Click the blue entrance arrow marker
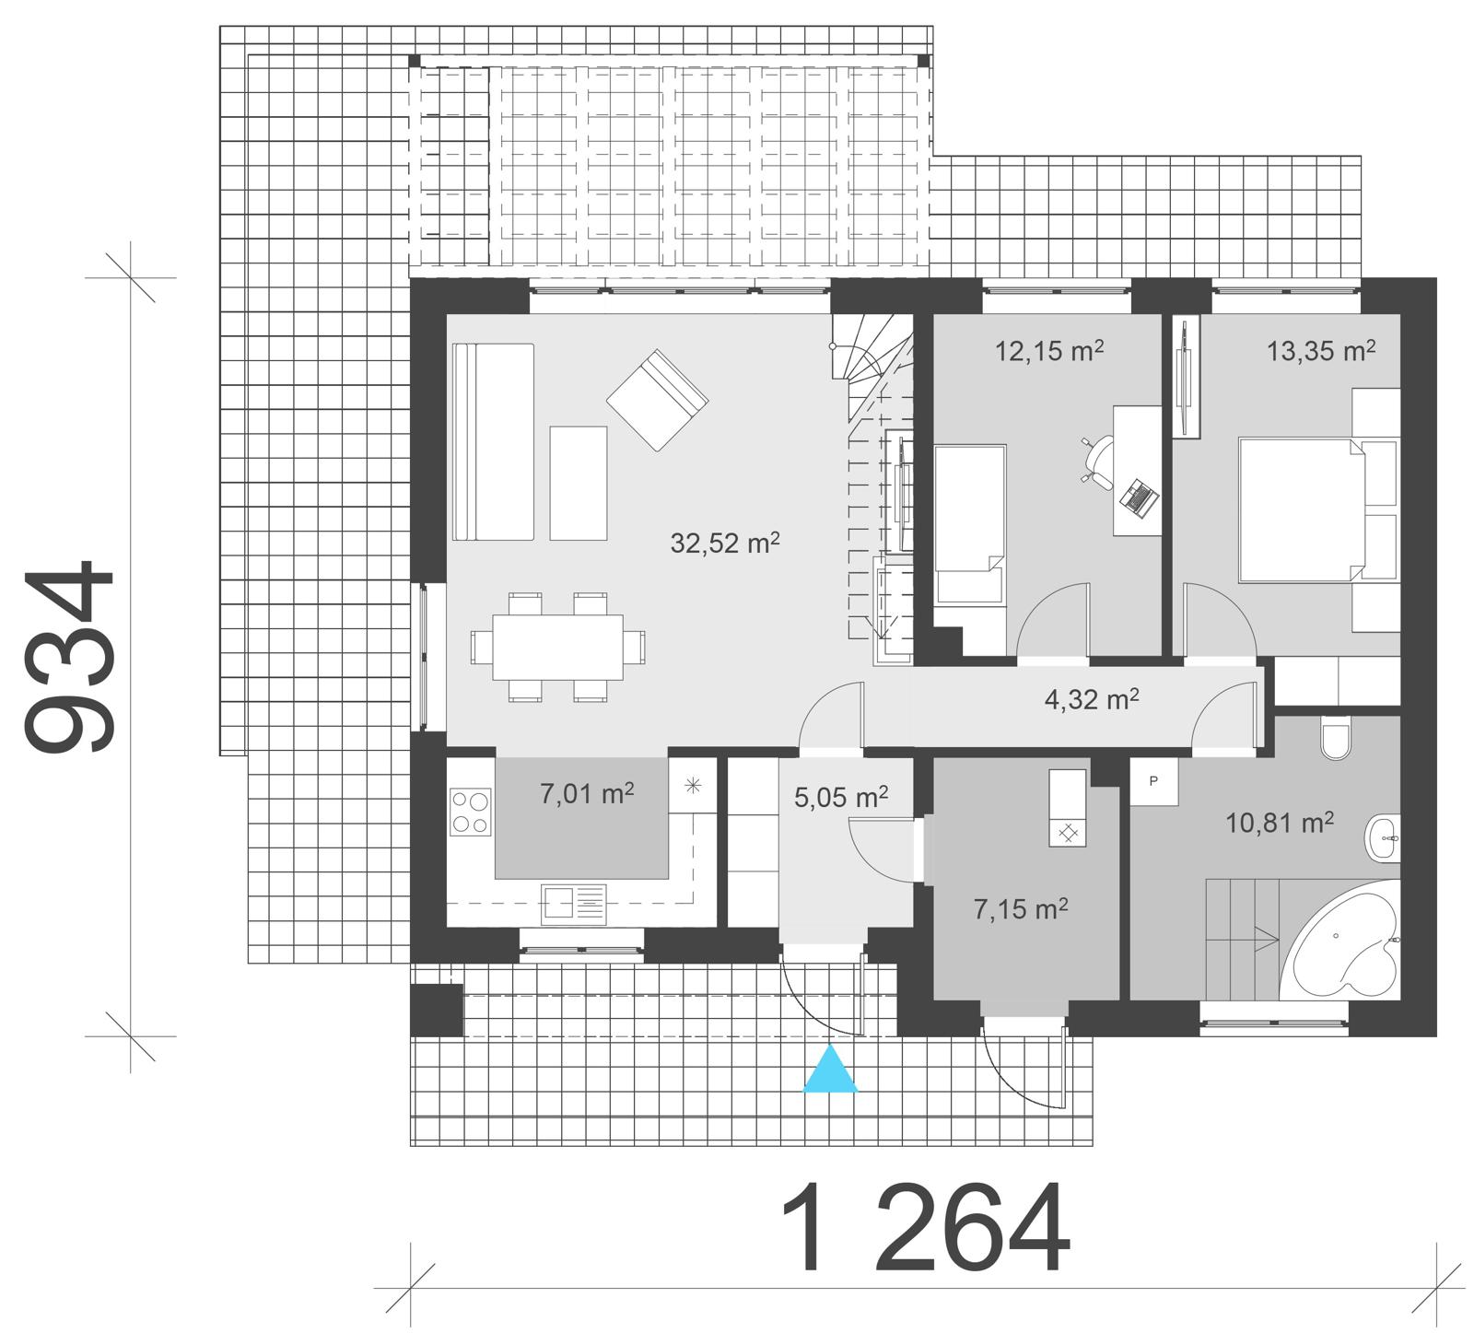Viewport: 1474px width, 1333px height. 830,1070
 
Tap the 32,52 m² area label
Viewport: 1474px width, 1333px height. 725,543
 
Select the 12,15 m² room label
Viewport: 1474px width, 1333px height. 1049,351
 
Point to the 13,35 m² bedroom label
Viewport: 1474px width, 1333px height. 1321,351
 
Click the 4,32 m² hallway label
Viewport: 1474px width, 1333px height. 1092,700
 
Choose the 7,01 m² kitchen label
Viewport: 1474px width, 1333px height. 587,793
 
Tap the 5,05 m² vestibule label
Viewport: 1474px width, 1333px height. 840,796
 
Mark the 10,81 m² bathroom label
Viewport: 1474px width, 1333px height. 1279,823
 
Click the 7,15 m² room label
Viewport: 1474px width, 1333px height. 1021,910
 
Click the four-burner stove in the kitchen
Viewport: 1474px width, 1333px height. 471,813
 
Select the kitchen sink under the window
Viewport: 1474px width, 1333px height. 574,903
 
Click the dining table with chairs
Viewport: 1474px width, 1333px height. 557,647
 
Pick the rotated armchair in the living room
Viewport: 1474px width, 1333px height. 657,400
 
